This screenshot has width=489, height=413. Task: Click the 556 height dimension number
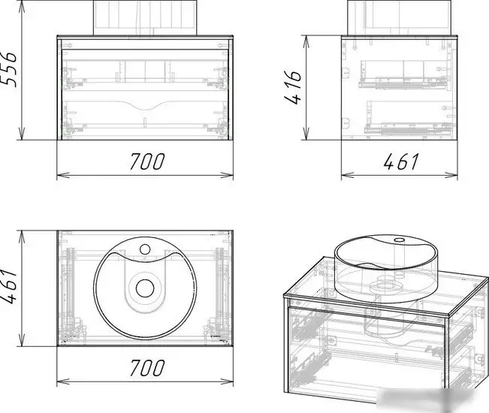click(x=9, y=70)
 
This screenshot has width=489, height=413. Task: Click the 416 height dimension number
click(x=293, y=87)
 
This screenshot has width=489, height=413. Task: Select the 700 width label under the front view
click(x=147, y=161)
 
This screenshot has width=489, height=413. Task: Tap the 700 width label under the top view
click(x=147, y=368)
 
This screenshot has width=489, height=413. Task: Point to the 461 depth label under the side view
click(x=400, y=161)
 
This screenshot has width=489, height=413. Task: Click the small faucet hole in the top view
click(x=145, y=249)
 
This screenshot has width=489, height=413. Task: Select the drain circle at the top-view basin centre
click(x=145, y=288)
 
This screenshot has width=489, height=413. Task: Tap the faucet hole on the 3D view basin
click(x=399, y=240)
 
